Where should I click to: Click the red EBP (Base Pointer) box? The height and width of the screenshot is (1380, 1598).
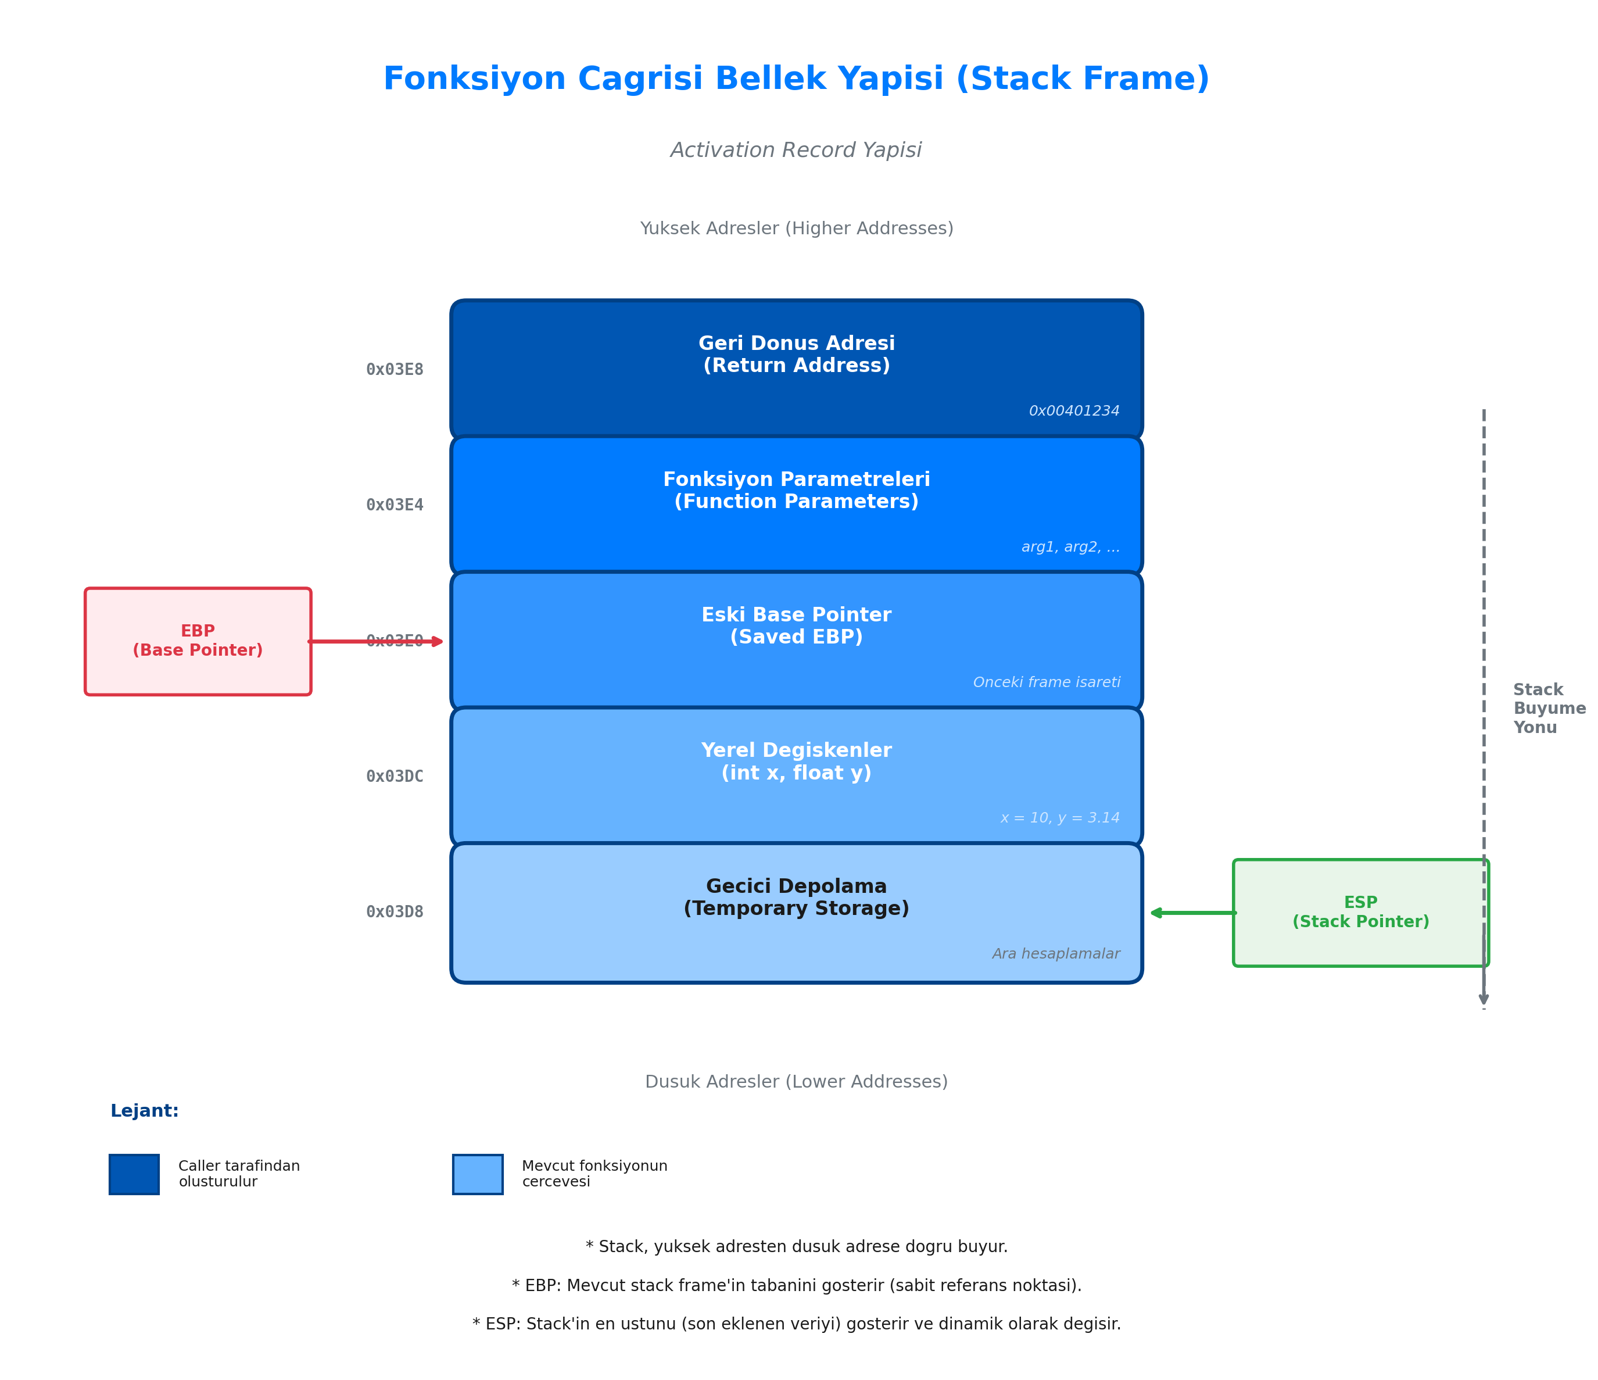click(198, 641)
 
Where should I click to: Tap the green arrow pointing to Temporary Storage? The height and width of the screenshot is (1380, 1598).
click(1192, 913)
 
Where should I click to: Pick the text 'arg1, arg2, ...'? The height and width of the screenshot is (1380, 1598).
click(1070, 547)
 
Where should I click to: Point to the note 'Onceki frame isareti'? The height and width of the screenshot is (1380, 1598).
click(1046, 682)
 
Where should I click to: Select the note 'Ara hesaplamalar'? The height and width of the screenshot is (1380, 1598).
click(1055, 954)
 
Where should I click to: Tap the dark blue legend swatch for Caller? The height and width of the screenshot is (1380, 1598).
click(134, 1174)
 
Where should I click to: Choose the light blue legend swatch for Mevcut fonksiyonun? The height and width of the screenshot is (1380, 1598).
click(478, 1174)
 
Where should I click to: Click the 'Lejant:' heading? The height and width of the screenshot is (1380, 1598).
click(144, 1111)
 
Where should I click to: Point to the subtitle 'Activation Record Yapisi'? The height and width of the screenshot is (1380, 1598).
click(796, 151)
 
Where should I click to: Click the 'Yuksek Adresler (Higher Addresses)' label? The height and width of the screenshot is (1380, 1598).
click(796, 228)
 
